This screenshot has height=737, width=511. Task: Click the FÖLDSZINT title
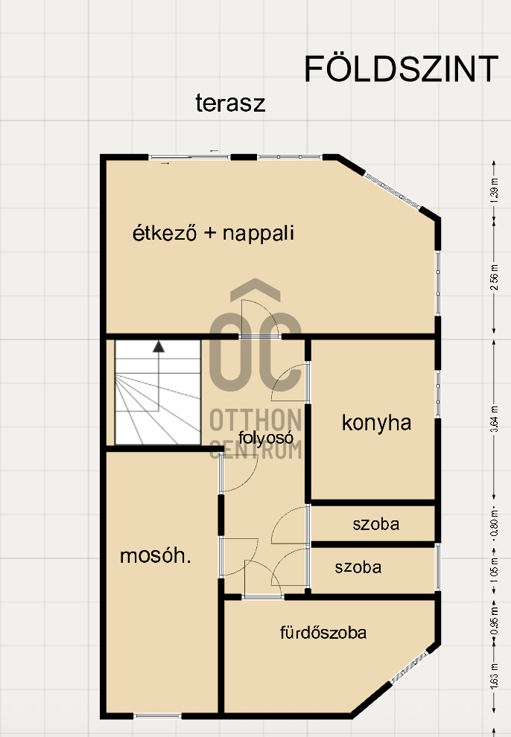click(401, 69)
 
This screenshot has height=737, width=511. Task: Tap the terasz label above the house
click(230, 103)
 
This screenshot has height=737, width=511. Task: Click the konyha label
click(376, 423)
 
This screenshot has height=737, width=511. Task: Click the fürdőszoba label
click(323, 634)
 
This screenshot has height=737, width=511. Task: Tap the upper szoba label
click(375, 524)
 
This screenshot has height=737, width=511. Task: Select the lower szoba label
click(358, 567)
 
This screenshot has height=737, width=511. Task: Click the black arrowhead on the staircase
click(159, 346)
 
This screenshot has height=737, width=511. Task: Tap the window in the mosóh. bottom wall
click(157, 716)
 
